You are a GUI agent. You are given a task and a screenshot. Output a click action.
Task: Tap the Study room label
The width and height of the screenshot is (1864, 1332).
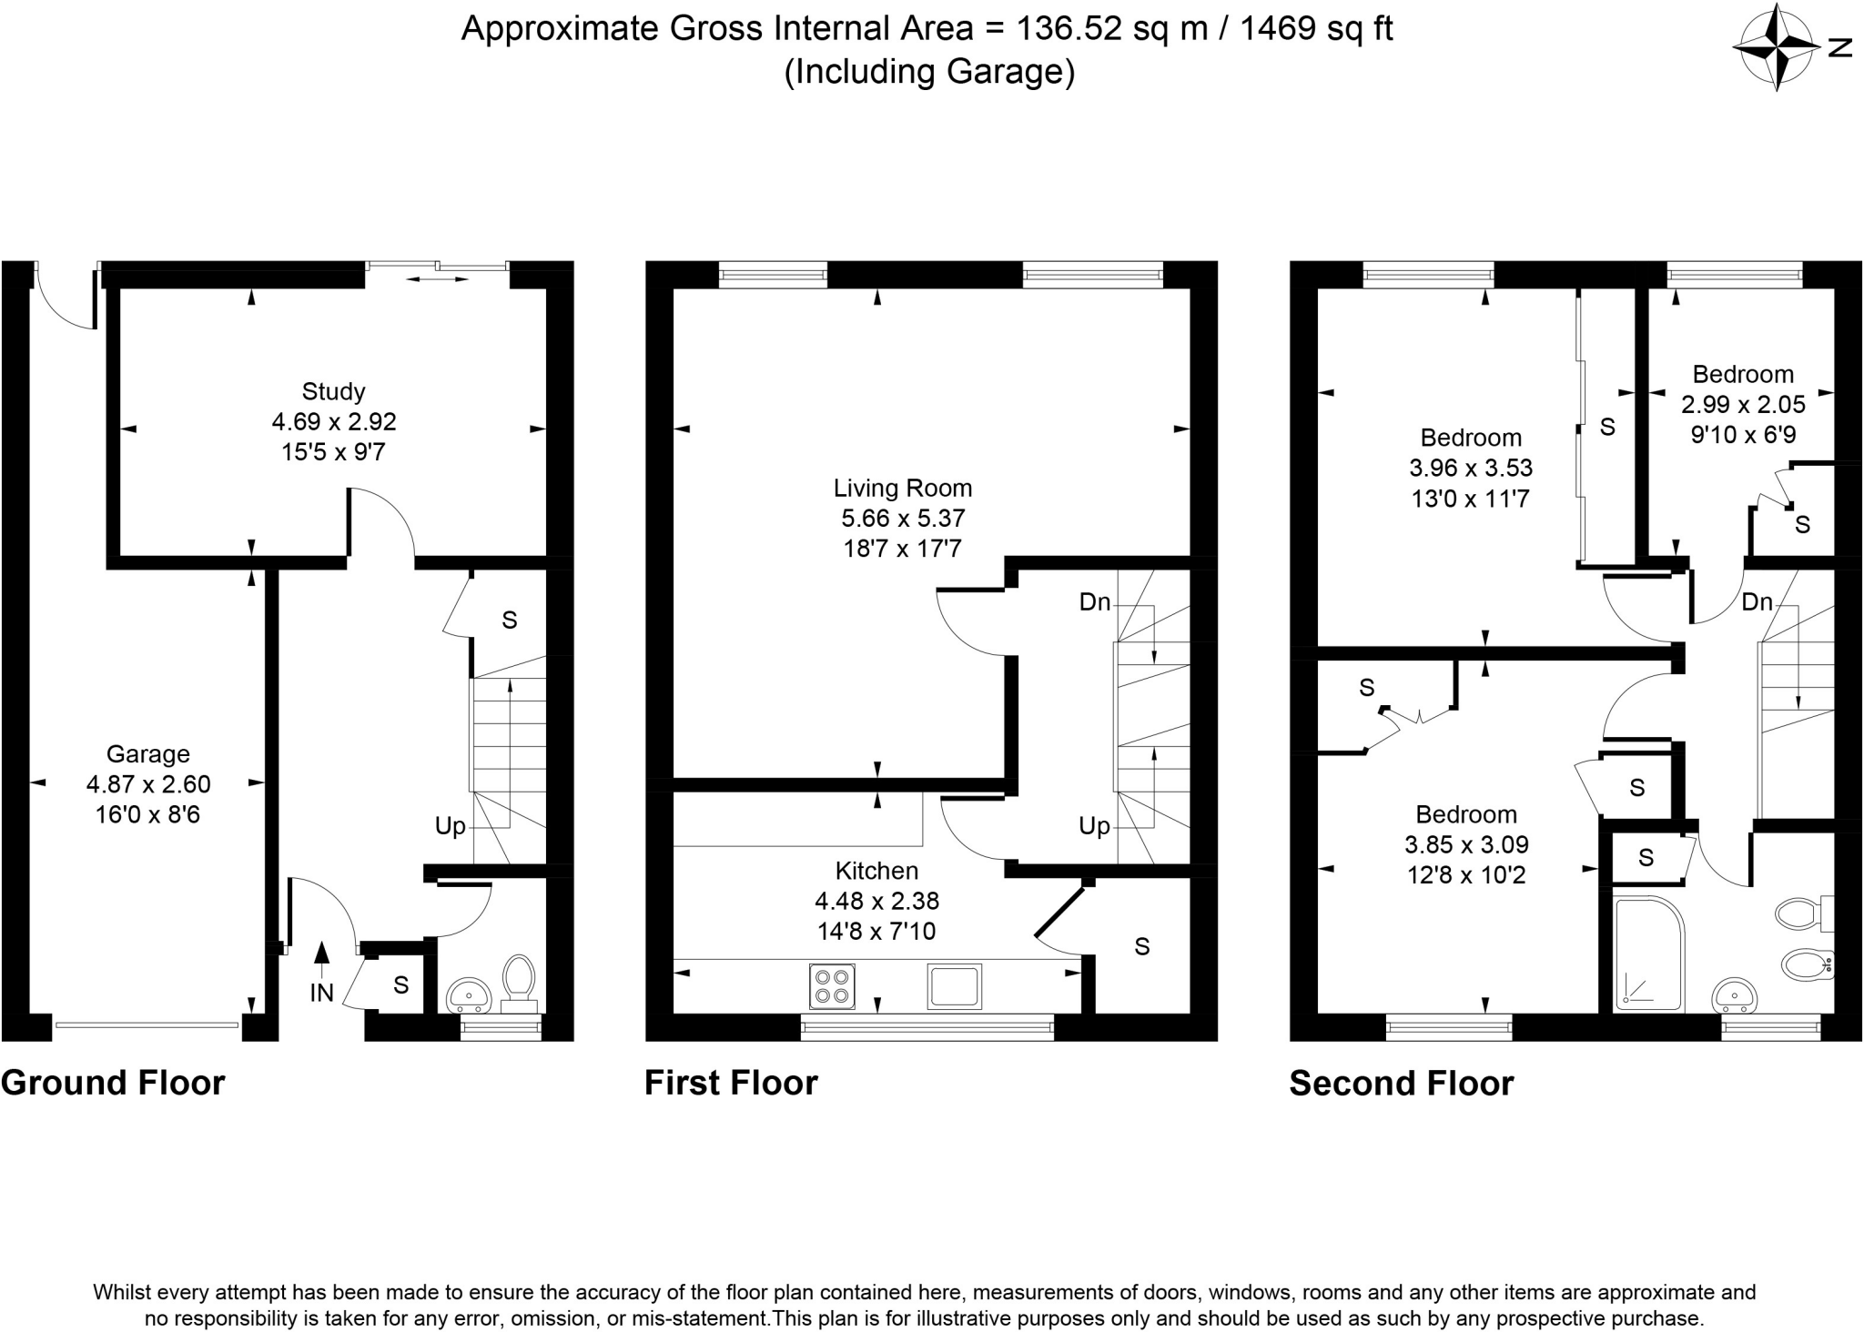(333, 392)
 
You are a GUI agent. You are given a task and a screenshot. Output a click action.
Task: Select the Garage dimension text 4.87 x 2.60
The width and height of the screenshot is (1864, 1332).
(148, 784)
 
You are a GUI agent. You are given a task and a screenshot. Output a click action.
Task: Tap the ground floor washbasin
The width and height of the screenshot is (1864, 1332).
(470, 996)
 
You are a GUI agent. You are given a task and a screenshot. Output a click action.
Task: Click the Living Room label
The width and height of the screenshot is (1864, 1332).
(903, 489)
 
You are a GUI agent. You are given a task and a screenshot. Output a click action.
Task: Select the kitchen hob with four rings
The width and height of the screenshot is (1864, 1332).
(832, 986)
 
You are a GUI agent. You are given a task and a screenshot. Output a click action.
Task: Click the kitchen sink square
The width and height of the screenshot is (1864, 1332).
(955, 986)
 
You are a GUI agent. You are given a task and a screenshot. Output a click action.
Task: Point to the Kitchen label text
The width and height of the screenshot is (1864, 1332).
(876, 871)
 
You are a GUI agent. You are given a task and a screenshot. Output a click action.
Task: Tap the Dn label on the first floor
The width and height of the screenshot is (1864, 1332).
(1095, 601)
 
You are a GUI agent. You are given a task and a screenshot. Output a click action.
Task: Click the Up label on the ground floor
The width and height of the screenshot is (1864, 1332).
(450, 826)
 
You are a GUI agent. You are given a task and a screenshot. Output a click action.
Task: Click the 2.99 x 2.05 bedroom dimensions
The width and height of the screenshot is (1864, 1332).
(1743, 404)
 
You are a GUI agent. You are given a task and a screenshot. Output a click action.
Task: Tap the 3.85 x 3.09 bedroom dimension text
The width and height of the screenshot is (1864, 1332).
(1466, 845)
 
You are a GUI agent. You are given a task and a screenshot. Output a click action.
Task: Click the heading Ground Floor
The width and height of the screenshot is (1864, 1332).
(113, 1084)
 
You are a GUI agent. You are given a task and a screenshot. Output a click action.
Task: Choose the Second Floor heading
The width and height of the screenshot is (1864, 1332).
(1402, 1084)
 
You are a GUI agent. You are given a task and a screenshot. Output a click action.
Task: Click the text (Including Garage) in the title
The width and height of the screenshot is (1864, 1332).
(929, 71)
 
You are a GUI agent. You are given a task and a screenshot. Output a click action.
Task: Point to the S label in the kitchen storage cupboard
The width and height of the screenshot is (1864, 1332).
(1142, 947)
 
